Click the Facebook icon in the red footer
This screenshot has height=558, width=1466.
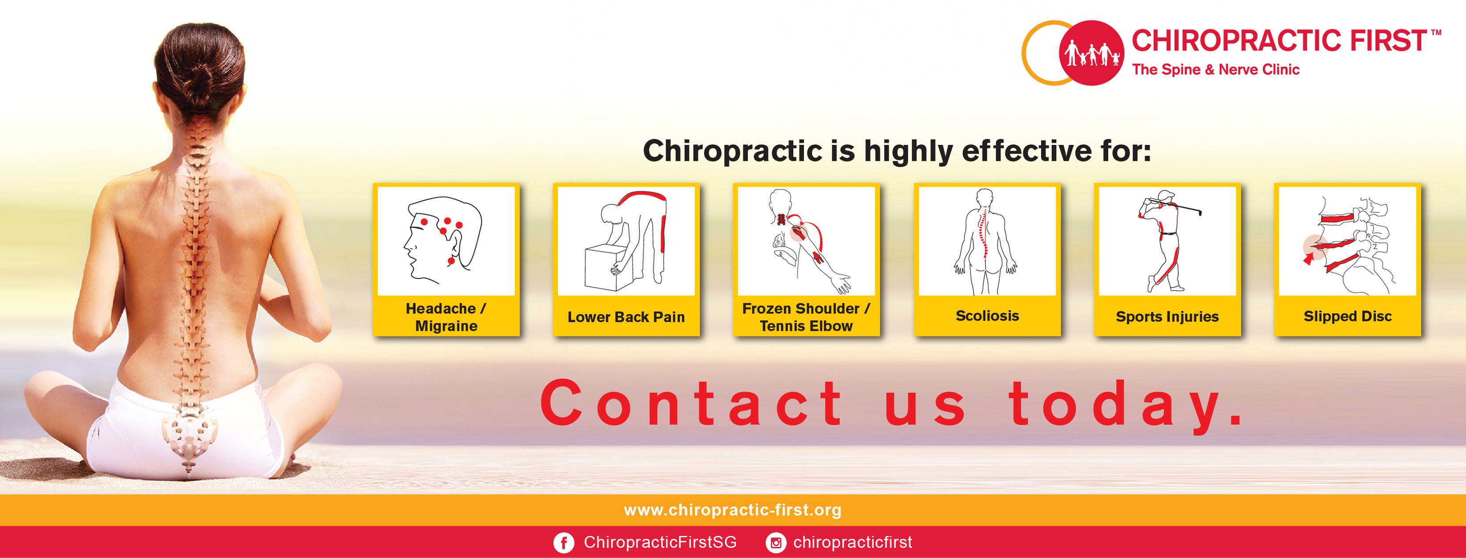coord(564,543)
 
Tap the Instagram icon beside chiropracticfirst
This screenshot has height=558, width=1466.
coord(775,543)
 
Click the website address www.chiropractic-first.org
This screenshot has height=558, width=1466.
coord(732,510)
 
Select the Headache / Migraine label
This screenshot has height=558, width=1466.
coord(446,317)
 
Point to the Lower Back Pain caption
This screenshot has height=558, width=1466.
coord(626,317)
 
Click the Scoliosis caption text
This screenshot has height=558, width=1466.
coord(987,316)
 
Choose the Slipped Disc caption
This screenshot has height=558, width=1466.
coord(1348,317)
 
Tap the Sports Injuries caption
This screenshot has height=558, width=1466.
coord(1167,317)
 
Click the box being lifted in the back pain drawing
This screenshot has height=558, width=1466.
coord(606,268)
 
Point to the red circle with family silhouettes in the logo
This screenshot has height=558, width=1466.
coord(1091,53)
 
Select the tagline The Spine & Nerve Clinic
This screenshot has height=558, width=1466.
coord(1216,69)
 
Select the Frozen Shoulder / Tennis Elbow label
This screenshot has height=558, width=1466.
coord(806,317)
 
